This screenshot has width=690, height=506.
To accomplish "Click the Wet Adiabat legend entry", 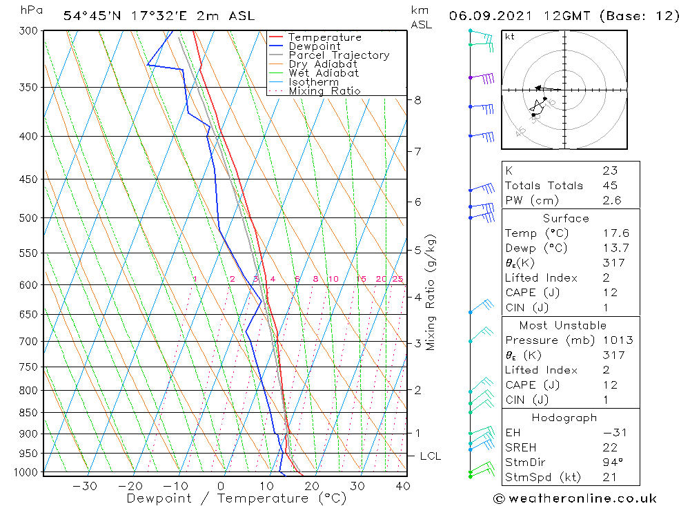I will [x=324, y=73].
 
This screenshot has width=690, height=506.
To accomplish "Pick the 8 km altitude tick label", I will [x=417, y=100].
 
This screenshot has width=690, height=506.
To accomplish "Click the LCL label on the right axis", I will [x=430, y=456].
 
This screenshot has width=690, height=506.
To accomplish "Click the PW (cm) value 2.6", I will [x=611, y=201].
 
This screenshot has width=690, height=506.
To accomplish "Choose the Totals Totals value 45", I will [x=609, y=186].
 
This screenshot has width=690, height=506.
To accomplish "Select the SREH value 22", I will [x=609, y=448].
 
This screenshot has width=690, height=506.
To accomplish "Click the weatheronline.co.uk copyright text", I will [x=574, y=498].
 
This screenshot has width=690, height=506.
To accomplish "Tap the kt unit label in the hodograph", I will [x=509, y=37].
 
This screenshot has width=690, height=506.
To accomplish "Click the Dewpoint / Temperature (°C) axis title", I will [x=236, y=498].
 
